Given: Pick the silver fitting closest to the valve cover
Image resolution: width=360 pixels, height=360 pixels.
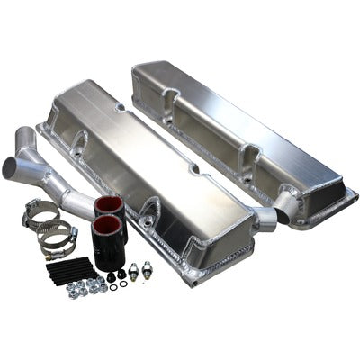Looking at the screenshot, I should (x=146, y=267).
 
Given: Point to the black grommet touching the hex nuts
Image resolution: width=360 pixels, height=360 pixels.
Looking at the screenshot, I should (x=112, y=278).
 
